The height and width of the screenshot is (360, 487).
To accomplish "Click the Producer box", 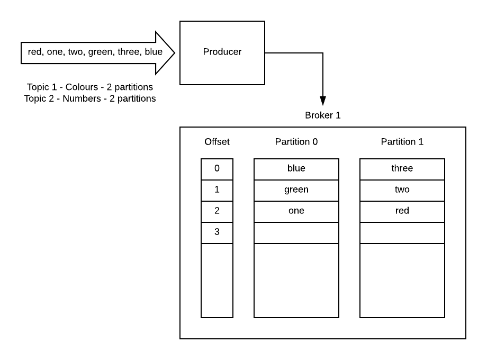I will pyautogui.click(x=222, y=52).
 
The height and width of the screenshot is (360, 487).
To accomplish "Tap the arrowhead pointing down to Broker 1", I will pyautogui.click(x=322, y=101).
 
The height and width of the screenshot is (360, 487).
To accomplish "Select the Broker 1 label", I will pyautogui.click(x=322, y=115).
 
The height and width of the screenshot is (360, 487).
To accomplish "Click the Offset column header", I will pyautogui.click(x=217, y=142).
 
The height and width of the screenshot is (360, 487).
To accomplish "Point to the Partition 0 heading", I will pyautogui.click(x=296, y=142).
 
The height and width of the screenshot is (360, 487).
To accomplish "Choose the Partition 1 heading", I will pyautogui.click(x=402, y=142).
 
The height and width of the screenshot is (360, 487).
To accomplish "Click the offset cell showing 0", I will pyautogui.click(x=217, y=169).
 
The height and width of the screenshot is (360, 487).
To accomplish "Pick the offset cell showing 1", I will pyautogui.click(x=217, y=190).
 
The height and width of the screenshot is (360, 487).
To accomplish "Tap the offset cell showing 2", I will pyautogui.click(x=217, y=211).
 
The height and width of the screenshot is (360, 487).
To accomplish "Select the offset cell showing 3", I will pyautogui.click(x=217, y=232).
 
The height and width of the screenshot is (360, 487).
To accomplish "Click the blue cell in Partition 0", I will pyautogui.click(x=296, y=169).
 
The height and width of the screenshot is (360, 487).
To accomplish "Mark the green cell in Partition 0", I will pyautogui.click(x=296, y=190).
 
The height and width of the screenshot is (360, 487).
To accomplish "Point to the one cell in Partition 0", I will pyautogui.click(x=296, y=211).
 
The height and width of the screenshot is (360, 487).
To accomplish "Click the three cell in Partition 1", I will pyautogui.click(x=402, y=169).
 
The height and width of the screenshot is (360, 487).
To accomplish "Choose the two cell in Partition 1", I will pyautogui.click(x=402, y=190).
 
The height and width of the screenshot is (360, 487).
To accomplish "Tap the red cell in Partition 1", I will pyautogui.click(x=402, y=211).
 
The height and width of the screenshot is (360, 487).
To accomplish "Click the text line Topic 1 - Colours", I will pyautogui.click(x=90, y=87).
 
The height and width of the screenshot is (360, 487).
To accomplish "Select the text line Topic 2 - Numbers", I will pyautogui.click(x=90, y=98).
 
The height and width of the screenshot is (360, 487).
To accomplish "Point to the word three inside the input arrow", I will pyautogui.click(x=129, y=52).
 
